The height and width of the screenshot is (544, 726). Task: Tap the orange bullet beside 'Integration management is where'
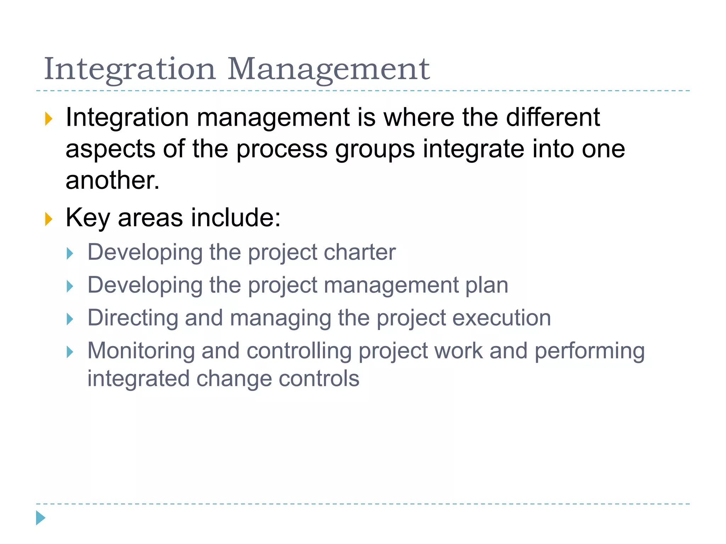click(49, 119)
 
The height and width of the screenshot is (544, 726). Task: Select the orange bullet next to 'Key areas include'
click(49, 219)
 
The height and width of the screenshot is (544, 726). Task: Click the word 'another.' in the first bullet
click(113, 180)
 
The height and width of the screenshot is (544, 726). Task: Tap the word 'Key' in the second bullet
click(88, 218)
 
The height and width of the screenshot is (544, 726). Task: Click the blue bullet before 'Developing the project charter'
click(70, 254)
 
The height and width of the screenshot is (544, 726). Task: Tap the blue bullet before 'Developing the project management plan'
click(70, 286)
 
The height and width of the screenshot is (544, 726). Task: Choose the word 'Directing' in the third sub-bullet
click(133, 318)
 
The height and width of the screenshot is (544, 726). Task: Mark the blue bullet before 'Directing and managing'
click(70, 319)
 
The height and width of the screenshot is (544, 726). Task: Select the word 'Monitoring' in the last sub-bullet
click(141, 351)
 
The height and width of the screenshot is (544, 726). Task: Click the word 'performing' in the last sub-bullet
click(590, 351)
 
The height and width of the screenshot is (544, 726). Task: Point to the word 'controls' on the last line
click(319, 379)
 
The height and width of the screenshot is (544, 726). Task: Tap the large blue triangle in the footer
click(40, 518)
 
